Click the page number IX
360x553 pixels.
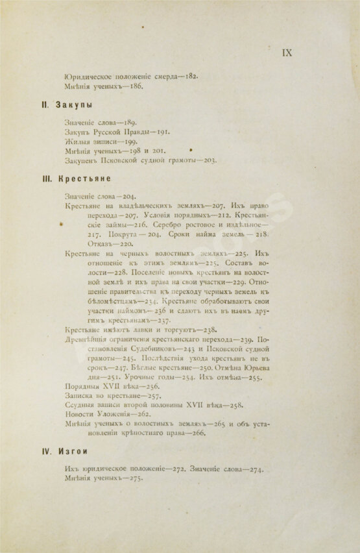tap(287, 53)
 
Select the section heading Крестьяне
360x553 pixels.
tap(82, 178)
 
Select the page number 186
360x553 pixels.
tap(134, 86)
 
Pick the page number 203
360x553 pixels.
tap(207, 160)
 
